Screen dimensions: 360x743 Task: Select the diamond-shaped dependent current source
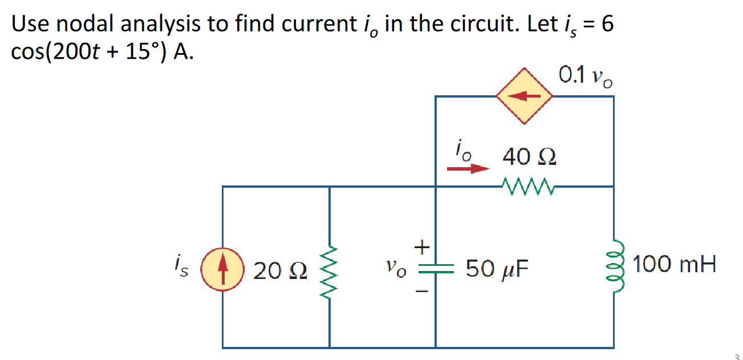tap(525, 96)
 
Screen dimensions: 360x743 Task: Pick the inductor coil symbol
tap(614, 266)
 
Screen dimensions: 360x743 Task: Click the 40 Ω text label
tap(529, 157)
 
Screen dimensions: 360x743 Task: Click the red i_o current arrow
tap(468, 169)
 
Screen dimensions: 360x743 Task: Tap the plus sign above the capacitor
tap(421, 247)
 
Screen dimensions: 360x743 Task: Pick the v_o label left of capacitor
tap(396, 269)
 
